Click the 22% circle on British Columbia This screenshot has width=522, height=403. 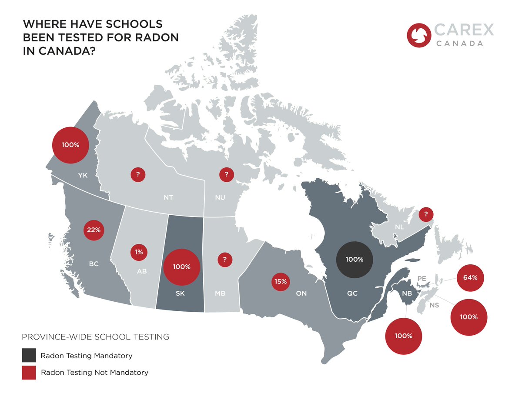pos(94,230)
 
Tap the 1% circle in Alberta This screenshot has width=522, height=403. pos(139,252)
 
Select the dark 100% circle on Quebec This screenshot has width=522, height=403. pos(355,260)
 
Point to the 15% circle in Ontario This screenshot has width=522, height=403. pos(281,282)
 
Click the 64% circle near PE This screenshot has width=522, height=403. pos(470,277)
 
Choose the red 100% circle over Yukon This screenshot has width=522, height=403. pos(70,145)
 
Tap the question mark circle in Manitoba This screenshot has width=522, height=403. pos(224,260)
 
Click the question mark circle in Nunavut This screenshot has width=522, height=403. pos(226,175)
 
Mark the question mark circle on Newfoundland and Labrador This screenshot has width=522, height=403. pos(426,214)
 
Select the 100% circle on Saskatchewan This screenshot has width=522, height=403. pos(181,267)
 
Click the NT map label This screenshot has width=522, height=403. pos(168,198)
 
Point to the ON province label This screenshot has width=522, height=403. pos(301,293)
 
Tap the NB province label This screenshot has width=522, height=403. pos(407,293)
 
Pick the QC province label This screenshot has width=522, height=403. pos(352,293)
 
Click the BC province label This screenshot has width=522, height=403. pos(94,263)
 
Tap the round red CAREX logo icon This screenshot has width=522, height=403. pos(418,35)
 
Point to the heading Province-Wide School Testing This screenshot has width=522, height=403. pos(95,337)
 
